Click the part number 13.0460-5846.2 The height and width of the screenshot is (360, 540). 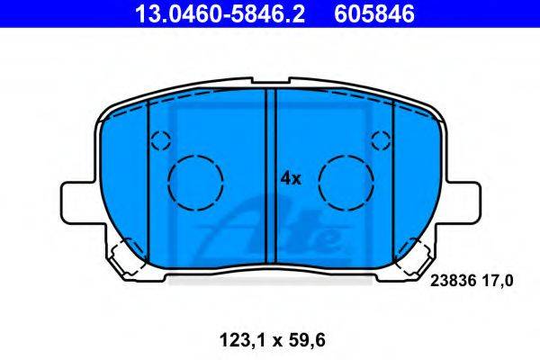(220, 13)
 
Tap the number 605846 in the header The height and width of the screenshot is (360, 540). (374, 13)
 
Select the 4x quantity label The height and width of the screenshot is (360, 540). (291, 179)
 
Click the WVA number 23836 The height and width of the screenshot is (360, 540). (454, 281)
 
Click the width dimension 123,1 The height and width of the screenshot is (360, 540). (244, 341)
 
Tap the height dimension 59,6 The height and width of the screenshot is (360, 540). (307, 341)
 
